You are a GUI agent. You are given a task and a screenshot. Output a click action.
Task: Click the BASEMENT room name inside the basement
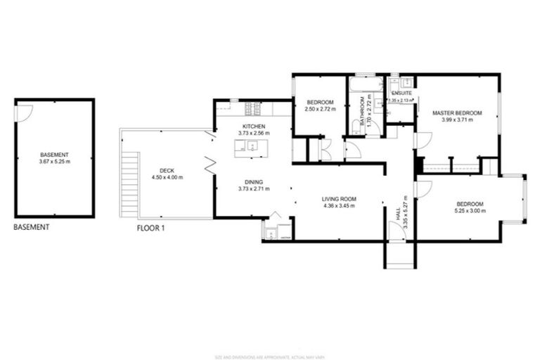pyautogui.click(x=55, y=155)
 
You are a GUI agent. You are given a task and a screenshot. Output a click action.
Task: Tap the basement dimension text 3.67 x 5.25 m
pyautogui.click(x=55, y=162)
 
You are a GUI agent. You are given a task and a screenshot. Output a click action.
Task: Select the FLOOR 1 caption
pyautogui.click(x=150, y=228)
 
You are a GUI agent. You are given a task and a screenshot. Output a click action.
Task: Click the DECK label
pyautogui.click(x=167, y=170)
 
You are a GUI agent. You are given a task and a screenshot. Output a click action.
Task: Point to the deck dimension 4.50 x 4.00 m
pyautogui.click(x=167, y=177)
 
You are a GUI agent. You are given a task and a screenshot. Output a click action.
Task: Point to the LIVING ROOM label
pyautogui.click(x=338, y=199)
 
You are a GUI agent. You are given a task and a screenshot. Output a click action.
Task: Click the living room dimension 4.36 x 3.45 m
pyautogui.click(x=338, y=206)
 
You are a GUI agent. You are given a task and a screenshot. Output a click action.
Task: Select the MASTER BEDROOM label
pyautogui.click(x=457, y=113)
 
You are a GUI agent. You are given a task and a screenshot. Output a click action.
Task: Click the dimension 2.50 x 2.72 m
pyautogui.click(x=320, y=110)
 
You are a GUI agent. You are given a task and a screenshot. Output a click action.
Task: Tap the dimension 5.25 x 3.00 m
pyautogui.click(x=474, y=211)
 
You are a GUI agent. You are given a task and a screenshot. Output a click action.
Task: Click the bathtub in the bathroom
pyautogui.click(x=365, y=86)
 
